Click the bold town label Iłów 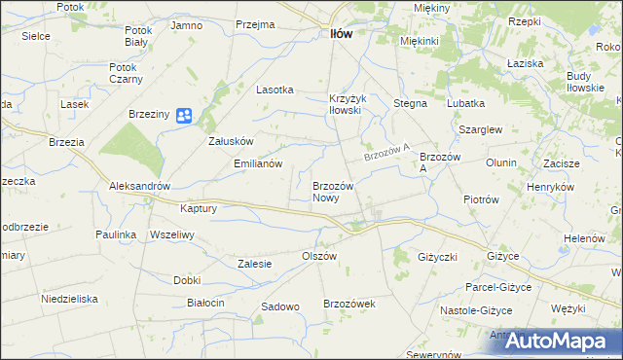click(335, 33)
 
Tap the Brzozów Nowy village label click(339, 191)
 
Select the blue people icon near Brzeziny click(185, 116)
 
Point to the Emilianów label click(258, 163)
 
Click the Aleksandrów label click(140, 186)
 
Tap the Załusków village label click(232, 140)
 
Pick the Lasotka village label click(275, 90)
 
